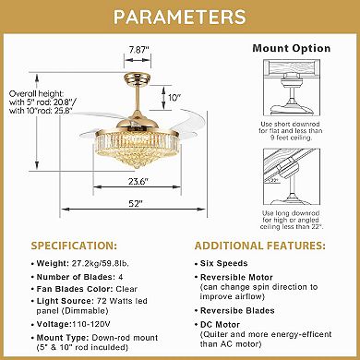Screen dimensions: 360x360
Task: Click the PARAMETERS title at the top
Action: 180,18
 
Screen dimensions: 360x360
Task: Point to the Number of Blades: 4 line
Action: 82,279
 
